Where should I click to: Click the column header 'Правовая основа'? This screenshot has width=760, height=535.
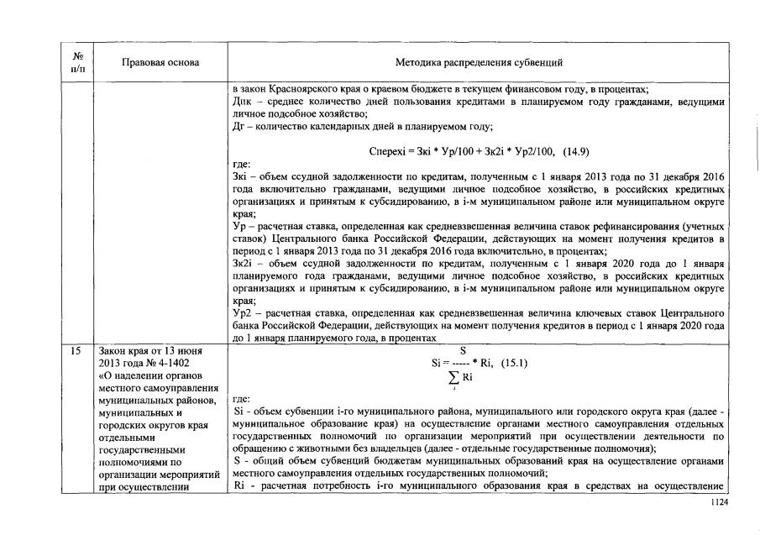(x=160, y=62)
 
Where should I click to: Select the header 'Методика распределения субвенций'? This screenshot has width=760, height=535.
(x=479, y=62)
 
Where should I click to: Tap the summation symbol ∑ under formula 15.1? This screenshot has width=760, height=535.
(x=454, y=377)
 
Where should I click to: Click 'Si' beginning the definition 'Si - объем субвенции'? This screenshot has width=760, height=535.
(x=237, y=413)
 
